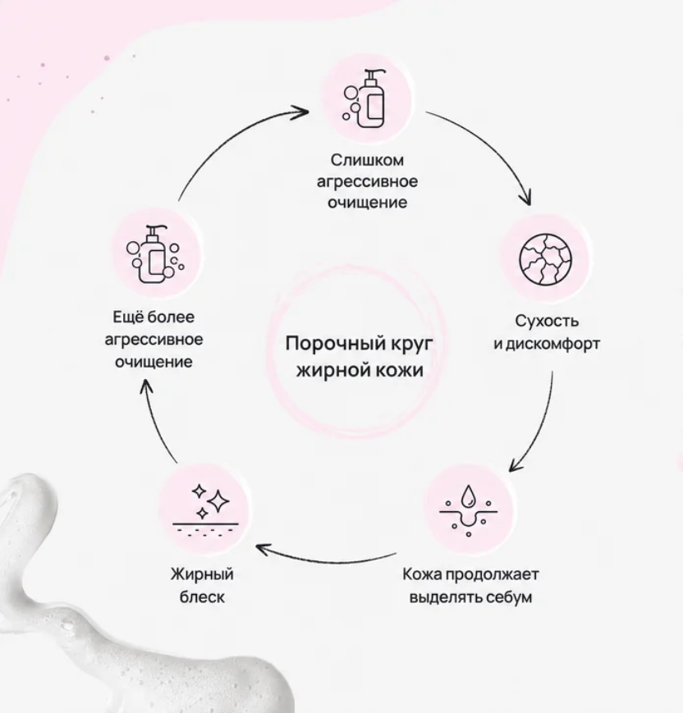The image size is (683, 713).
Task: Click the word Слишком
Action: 367,160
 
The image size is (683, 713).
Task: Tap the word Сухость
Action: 547,321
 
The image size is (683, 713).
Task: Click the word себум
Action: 509,596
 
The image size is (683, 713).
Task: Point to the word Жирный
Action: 202,574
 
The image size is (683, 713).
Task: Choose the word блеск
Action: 202,596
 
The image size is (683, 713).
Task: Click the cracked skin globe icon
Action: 545,259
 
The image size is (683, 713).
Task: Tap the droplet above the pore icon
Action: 467,496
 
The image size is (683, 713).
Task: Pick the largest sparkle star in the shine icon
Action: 218,502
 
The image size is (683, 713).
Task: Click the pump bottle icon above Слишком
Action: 365,98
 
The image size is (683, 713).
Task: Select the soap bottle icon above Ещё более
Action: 154,254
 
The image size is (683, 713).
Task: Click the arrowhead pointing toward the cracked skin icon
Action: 527,199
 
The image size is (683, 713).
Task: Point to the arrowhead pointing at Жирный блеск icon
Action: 263,548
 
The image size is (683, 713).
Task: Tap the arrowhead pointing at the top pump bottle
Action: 301,112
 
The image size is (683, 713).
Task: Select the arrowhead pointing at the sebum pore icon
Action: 515,464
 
